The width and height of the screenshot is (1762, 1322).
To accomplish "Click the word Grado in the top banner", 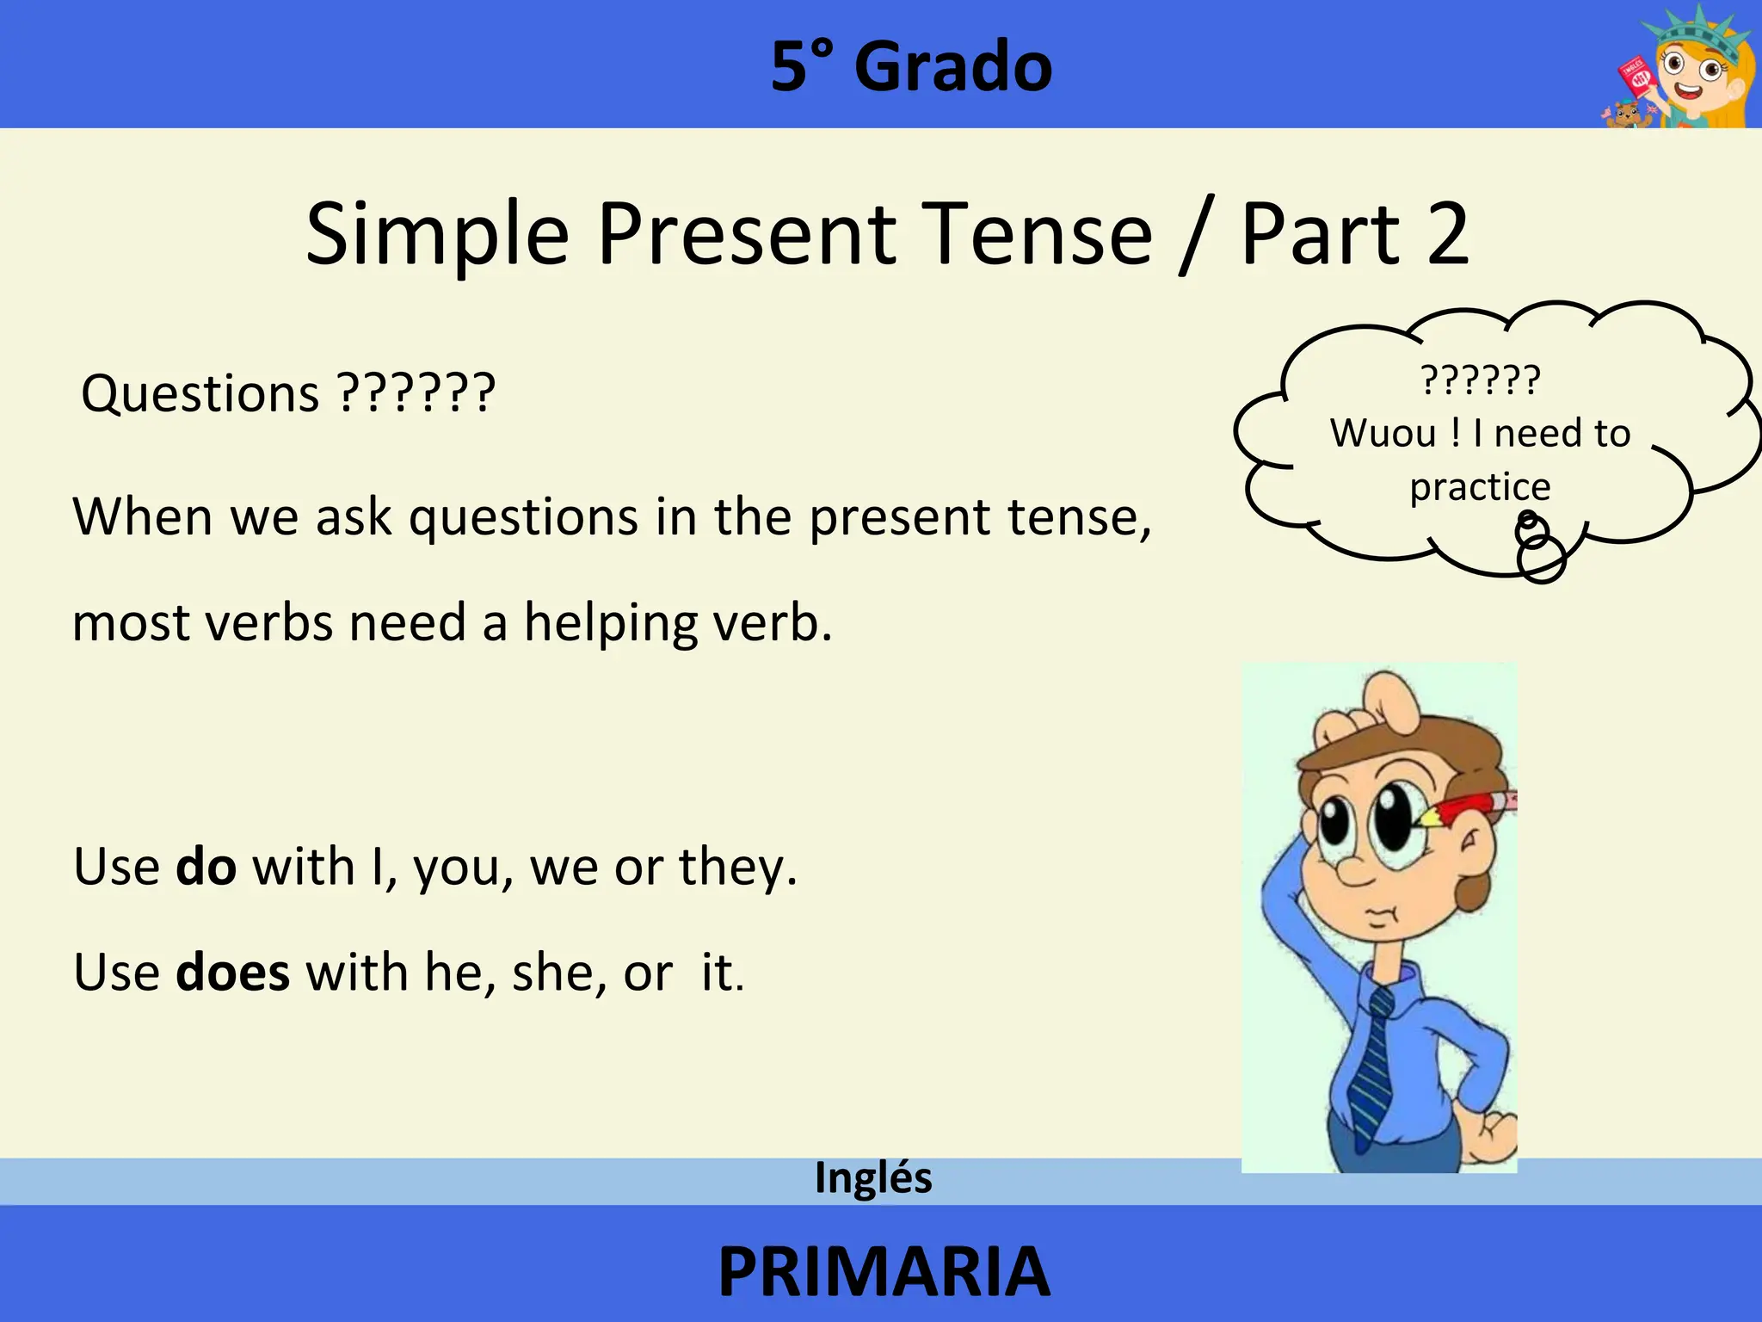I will coord(952,67).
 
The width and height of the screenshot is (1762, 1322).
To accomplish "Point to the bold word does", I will coord(232,973).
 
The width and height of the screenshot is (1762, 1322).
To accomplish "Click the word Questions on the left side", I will coord(200,394).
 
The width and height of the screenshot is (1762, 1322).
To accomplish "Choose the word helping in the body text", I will coord(610,623).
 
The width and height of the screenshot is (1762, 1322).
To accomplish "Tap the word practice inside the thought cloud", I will coord(1480,487).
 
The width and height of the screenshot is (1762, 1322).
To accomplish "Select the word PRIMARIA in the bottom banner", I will coord(884,1271).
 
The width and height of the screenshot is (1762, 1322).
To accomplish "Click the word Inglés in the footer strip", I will coord(873,1177).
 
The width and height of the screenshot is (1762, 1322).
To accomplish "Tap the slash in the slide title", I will coord(1194,234).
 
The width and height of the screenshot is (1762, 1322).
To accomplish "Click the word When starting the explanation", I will coord(142,517).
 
